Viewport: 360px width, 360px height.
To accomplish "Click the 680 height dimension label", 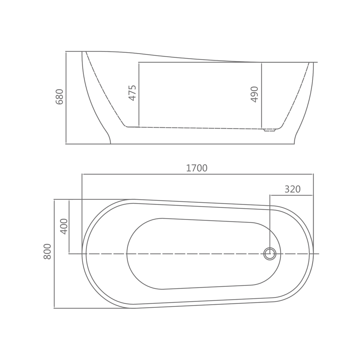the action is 60,97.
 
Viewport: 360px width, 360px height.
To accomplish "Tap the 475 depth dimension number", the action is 132,93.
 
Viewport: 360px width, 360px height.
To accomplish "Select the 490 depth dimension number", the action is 254,94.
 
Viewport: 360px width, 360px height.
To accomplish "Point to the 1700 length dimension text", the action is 197,168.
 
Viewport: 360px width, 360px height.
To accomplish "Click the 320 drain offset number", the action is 292,189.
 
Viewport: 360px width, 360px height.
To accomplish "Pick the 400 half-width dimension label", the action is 64,226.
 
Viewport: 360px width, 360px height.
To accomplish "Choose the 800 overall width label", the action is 47,252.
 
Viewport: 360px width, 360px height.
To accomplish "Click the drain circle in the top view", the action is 270,254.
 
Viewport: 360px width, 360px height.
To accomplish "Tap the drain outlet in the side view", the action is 269,130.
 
